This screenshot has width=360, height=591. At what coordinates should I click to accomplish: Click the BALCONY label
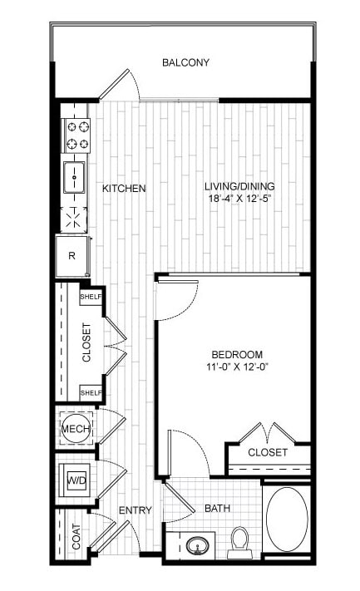click(x=185, y=62)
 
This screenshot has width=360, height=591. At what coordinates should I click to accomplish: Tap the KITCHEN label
click(x=124, y=188)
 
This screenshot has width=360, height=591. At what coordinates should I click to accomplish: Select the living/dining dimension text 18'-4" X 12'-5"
click(x=240, y=199)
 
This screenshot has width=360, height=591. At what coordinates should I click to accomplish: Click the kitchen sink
click(x=74, y=177)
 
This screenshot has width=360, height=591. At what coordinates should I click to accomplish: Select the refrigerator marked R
click(x=72, y=256)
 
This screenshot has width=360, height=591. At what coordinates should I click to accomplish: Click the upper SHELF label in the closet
click(x=91, y=297)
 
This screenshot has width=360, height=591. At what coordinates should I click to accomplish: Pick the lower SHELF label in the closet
click(x=91, y=392)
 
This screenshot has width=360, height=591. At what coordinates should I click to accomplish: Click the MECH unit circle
click(x=76, y=429)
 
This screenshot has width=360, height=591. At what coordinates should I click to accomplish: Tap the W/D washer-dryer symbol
click(x=76, y=480)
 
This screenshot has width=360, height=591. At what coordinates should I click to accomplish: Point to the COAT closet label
click(x=76, y=536)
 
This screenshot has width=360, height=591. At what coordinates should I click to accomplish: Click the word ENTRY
click(x=136, y=510)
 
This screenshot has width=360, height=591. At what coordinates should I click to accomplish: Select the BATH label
click(x=218, y=509)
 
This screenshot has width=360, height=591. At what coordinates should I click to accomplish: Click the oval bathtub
click(x=287, y=519)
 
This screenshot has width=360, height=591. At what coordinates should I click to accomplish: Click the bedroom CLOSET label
click(x=268, y=452)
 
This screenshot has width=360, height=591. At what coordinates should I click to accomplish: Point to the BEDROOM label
click(x=237, y=355)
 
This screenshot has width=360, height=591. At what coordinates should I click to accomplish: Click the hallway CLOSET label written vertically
click(x=86, y=342)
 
